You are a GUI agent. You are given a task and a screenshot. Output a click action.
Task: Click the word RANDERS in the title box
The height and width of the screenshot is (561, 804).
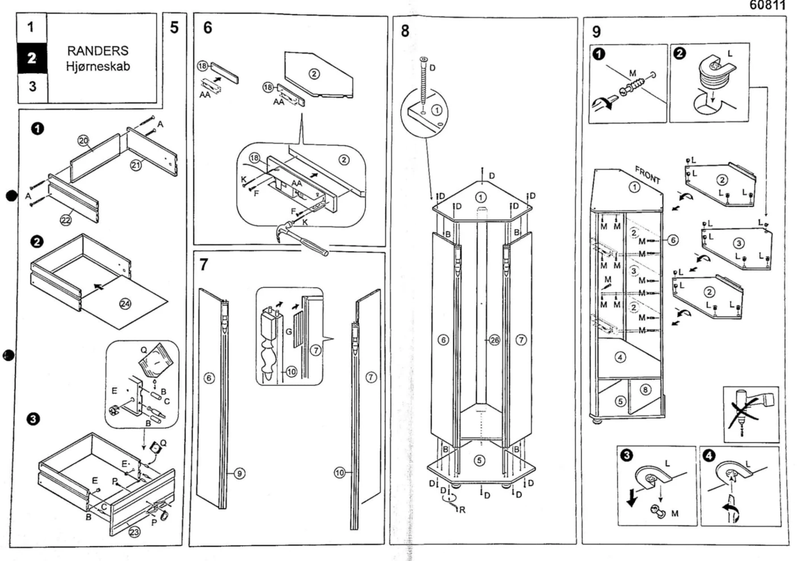tap(98, 50)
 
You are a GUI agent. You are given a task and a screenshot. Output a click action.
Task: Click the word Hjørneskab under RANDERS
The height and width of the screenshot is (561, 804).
tap(98, 66)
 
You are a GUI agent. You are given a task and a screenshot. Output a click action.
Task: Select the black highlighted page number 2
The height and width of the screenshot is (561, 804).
tap(32, 58)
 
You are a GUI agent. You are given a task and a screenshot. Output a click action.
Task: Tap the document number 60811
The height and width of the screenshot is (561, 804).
tap(767, 5)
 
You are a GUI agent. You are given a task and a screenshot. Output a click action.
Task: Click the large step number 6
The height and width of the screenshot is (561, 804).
tap(208, 28)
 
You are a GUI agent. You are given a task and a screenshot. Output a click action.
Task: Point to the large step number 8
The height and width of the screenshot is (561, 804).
tap(405, 31)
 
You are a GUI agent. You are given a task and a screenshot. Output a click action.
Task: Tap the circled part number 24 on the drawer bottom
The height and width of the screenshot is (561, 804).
tap(125, 304)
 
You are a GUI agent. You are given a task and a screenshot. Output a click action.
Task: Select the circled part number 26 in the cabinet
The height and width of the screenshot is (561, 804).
tap(494, 340)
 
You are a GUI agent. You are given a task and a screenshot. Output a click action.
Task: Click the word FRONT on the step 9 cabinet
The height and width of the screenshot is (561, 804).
tap(647, 175)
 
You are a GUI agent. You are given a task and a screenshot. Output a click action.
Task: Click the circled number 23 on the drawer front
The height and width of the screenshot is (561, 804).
tap(134, 532)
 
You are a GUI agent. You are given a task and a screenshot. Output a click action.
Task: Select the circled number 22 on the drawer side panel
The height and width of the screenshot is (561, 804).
tap(66, 220)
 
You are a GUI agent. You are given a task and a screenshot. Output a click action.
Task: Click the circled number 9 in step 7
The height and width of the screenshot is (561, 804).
tap(239, 473)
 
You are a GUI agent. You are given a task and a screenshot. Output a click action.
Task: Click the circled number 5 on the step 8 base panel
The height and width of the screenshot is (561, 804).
tap(479, 460)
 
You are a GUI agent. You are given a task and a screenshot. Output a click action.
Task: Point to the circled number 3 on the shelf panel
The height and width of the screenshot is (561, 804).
tap(738, 243)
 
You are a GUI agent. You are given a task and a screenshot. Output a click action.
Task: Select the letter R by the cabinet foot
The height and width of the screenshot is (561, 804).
tap(462, 510)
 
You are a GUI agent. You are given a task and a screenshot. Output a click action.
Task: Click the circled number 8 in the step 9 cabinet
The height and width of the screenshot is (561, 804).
tap(645, 389)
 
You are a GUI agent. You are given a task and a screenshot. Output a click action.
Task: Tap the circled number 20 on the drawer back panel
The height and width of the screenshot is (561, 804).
tap(84, 141)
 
